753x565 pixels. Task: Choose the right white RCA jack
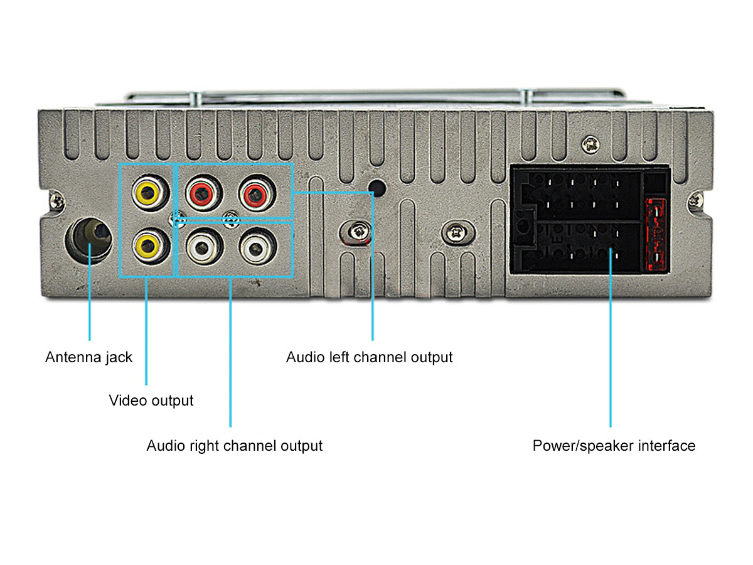256,247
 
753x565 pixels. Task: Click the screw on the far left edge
57,202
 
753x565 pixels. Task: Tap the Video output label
151,401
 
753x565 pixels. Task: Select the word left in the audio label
341,358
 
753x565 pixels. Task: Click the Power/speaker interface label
614,446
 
